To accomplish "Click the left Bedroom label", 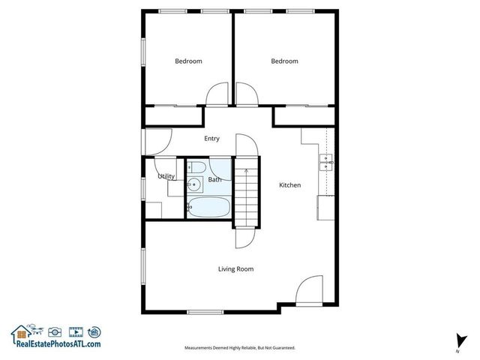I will pyautogui.click(x=188, y=61).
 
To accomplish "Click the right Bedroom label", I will pyautogui.click(x=284, y=61).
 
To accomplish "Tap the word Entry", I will pyautogui.click(x=211, y=138).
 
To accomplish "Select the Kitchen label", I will pyautogui.click(x=290, y=185).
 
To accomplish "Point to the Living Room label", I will pyautogui.click(x=235, y=268).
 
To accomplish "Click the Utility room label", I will pyautogui.click(x=166, y=177).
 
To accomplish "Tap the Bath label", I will pyautogui.click(x=214, y=179).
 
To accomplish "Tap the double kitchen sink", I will pyautogui.click(x=327, y=163).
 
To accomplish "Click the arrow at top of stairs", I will pyautogui.click(x=245, y=173).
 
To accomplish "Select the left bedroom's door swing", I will pyautogui.click(x=217, y=94).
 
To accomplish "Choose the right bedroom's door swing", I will pyautogui.click(x=246, y=94).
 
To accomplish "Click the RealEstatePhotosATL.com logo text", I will pyautogui.click(x=56, y=343).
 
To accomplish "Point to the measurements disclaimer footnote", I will pyautogui.click(x=240, y=348).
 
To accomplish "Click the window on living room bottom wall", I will pyautogui.click(x=205, y=312).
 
